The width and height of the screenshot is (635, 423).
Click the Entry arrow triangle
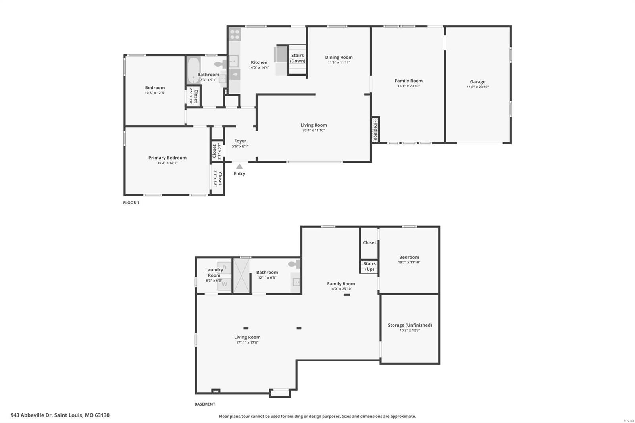240,166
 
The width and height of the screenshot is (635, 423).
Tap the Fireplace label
375,130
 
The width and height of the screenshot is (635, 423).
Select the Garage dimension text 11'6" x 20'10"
478,87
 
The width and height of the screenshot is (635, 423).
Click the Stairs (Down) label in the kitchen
297,58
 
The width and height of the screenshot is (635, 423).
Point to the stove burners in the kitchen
235,34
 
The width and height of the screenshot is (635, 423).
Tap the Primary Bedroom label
167,158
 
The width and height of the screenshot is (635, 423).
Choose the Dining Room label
339,57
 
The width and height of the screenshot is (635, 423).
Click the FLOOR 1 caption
131,203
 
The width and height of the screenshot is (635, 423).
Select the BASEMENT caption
205,404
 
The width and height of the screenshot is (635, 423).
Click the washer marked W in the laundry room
224,284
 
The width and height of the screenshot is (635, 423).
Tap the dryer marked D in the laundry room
224,267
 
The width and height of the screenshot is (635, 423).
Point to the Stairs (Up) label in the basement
369,267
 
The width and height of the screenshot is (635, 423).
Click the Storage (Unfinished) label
410,325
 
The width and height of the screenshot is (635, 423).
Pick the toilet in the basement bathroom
294,264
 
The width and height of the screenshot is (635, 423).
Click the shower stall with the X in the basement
241,275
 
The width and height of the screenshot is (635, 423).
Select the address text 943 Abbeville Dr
31,415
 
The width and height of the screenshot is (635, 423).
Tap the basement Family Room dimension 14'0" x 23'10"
341,289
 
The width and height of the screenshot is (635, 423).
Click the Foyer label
240,141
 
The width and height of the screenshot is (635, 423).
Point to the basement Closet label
369,243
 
